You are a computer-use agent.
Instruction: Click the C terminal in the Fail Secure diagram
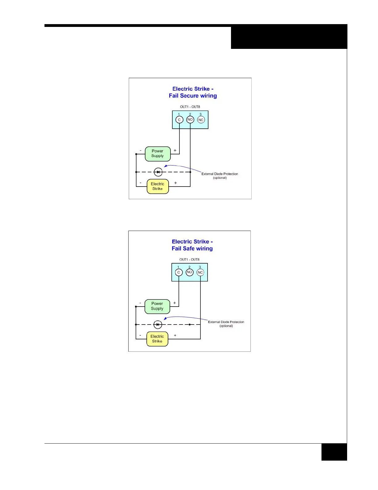click(x=179, y=120)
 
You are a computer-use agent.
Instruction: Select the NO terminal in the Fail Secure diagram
click(x=190, y=120)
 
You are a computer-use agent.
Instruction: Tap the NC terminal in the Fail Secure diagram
click(x=201, y=120)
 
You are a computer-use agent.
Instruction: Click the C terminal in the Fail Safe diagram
click(x=178, y=273)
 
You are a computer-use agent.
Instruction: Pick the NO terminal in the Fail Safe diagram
click(x=190, y=272)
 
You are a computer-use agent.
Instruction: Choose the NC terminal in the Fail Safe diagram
click(x=200, y=273)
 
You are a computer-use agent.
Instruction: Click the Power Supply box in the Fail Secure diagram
click(x=157, y=154)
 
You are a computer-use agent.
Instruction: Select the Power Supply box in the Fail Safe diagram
click(x=157, y=306)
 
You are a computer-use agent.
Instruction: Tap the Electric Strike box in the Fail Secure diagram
click(x=157, y=186)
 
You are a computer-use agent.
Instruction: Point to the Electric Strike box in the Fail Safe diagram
click(x=157, y=339)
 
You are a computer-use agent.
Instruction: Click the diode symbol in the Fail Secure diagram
click(x=158, y=172)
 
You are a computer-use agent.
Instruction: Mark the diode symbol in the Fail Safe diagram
click(x=158, y=325)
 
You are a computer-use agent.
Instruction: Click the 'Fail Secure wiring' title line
click(x=193, y=96)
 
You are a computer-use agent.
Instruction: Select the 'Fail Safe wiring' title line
click(x=192, y=249)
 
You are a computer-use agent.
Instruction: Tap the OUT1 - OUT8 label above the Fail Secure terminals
click(x=190, y=107)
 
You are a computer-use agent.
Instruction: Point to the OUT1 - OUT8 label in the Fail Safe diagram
click(x=189, y=260)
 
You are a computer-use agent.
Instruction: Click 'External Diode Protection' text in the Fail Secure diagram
click(x=220, y=174)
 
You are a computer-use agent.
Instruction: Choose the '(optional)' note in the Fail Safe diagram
click(x=226, y=326)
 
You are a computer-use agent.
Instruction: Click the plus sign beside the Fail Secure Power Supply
click(x=175, y=151)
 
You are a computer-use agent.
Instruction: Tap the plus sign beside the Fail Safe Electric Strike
click(x=175, y=335)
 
